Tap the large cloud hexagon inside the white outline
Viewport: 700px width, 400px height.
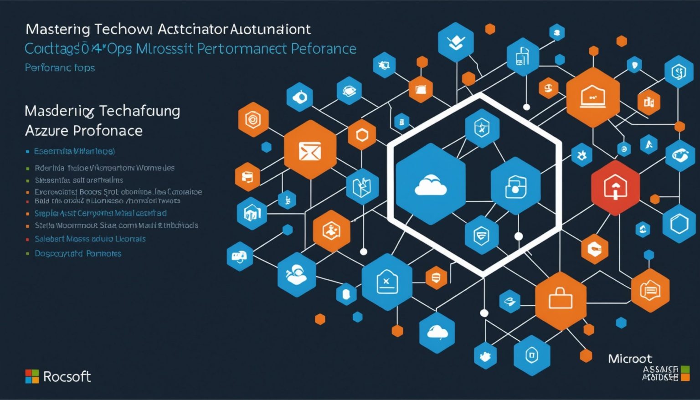pyautogui.click(x=430, y=185)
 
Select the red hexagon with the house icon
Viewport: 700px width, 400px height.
pyautogui.click(x=615, y=187)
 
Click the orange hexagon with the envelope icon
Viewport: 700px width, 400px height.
pyautogui.click(x=310, y=150)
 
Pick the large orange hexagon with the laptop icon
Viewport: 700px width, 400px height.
pyautogui.click(x=592, y=97)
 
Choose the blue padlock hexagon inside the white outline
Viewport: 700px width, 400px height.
pyautogui.click(x=515, y=186)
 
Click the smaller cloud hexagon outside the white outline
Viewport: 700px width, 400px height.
pyautogui.click(x=437, y=333)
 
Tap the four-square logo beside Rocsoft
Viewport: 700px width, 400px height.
pyautogui.click(x=32, y=376)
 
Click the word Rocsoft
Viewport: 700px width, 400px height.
pyautogui.click(x=67, y=376)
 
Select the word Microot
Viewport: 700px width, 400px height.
pyautogui.click(x=630, y=359)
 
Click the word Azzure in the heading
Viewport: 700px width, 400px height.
pyautogui.click(x=46, y=131)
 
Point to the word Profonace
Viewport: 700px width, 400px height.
pyautogui.click(x=108, y=131)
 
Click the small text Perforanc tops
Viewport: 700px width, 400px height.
pyautogui.click(x=60, y=68)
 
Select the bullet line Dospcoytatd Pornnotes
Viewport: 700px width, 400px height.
pyautogui.click(x=78, y=253)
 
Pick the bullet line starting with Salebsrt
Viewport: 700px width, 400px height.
pyautogui.click(x=90, y=239)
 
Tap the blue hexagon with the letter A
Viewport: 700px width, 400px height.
pyautogui.click(x=649, y=145)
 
